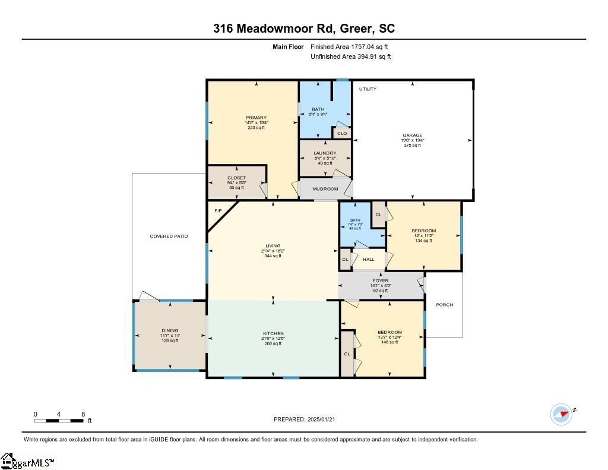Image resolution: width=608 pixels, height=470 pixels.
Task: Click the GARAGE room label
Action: point(413,135)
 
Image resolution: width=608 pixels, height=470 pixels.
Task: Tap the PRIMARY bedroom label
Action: point(256,118)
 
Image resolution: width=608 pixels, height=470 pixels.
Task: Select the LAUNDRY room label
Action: point(325,153)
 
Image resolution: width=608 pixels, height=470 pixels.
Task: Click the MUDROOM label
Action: point(325,189)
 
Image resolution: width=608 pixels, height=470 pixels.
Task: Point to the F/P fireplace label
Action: point(218,211)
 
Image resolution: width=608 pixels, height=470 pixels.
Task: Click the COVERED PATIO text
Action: point(169,236)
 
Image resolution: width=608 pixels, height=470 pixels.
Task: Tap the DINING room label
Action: point(170,331)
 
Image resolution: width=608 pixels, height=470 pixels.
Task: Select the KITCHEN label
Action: point(273,333)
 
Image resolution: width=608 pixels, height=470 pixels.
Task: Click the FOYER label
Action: point(381,280)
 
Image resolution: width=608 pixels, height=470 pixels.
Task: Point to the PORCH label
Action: point(444,305)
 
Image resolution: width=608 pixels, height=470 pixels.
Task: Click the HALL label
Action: point(369,259)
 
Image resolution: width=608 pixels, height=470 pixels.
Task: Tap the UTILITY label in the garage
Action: point(368,89)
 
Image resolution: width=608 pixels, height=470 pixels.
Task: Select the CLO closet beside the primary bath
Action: point(342,133)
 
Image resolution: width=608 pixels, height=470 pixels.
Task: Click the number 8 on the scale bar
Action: point(83,414)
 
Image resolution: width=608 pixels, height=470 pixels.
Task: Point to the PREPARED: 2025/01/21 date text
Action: point(308,419)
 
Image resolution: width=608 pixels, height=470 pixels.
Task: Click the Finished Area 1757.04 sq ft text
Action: point(350,46)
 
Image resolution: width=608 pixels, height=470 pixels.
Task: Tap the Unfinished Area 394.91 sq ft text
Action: point(350,57)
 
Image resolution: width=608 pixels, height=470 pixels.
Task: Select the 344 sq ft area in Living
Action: point(273,256)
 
